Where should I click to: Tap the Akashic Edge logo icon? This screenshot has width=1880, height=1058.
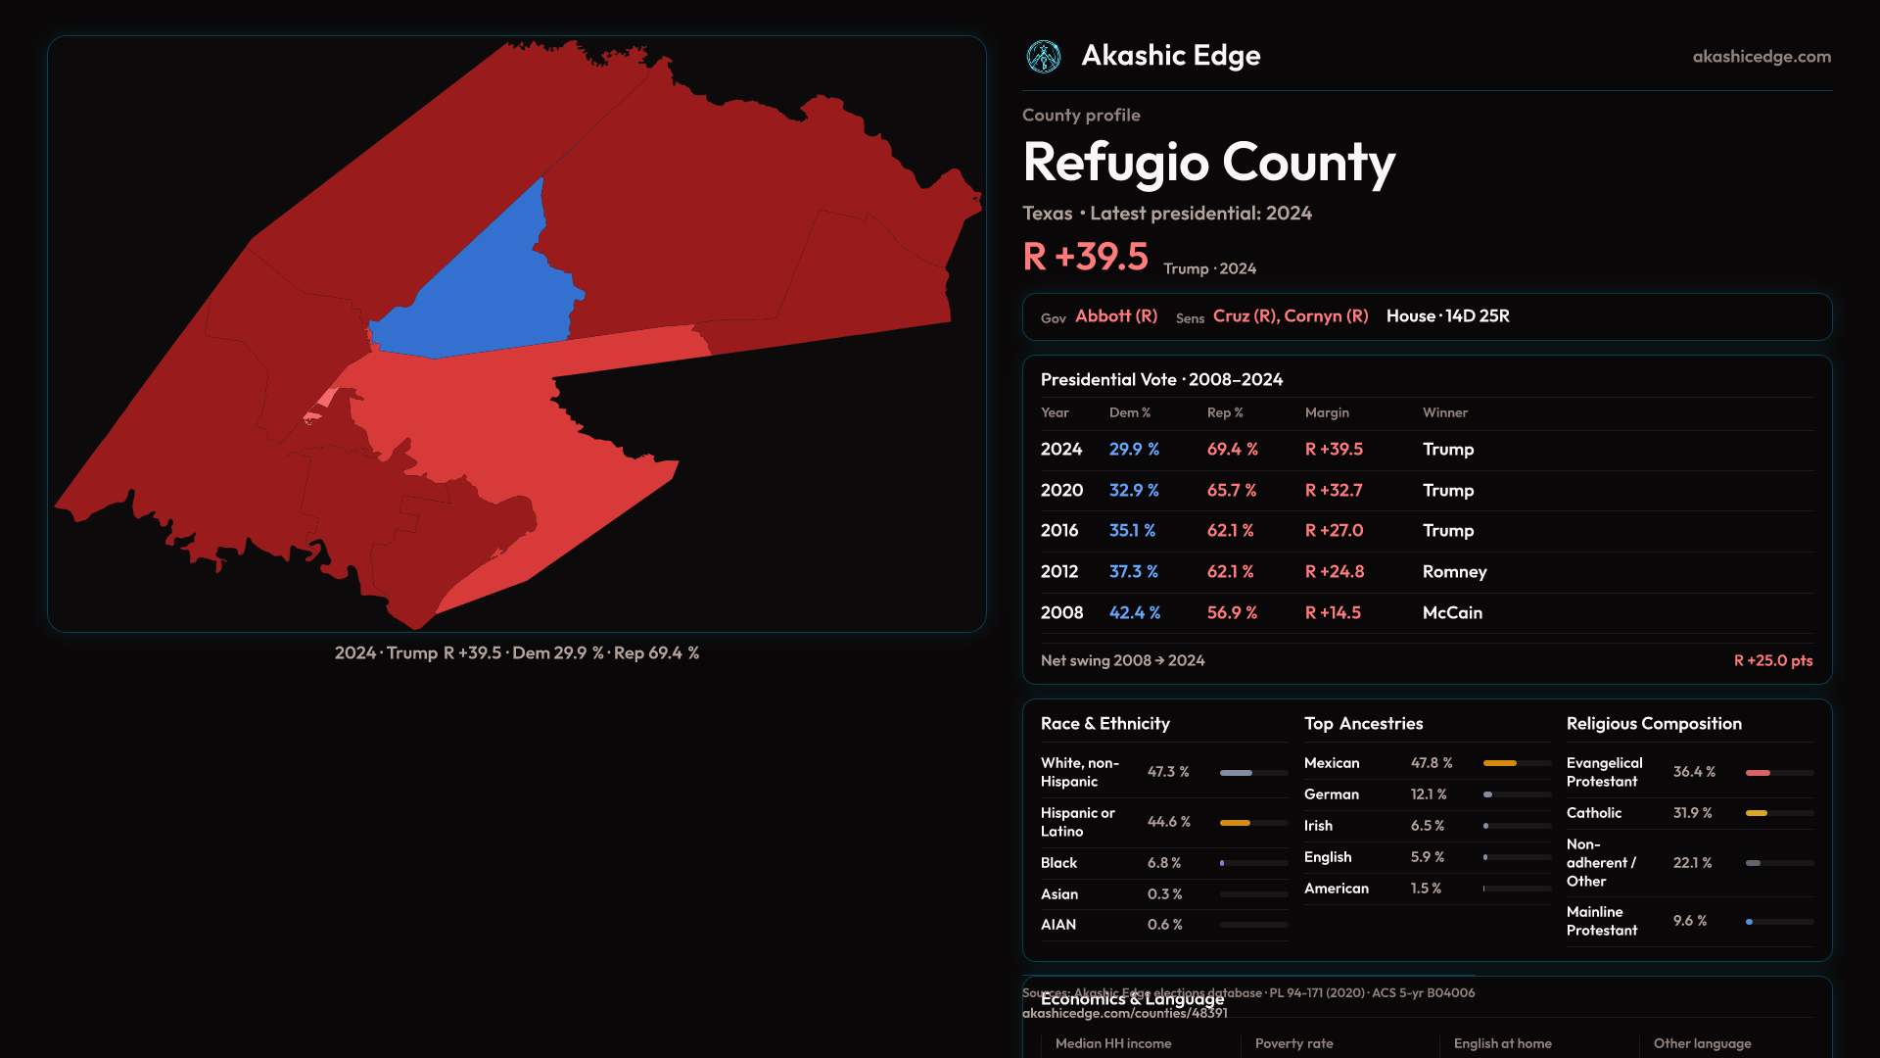[x=1044, y=57]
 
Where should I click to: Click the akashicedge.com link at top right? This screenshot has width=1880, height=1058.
[x=1762, y=57]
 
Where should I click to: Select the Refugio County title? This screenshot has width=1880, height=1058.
[x=1208, y=163]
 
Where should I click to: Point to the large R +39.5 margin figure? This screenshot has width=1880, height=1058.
[x=1085, y=257]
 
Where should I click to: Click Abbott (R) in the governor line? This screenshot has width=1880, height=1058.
[x=1116, y=316]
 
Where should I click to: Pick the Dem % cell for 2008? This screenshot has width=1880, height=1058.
[x=1134, y=613]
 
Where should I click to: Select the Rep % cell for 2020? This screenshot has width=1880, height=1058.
[x=1232, y=491]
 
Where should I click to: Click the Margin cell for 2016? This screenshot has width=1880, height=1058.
[x=1334, y=531]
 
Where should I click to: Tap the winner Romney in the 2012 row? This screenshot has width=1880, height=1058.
[x=1454, y=572]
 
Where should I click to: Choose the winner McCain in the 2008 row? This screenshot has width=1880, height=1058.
[x=1452, y=613]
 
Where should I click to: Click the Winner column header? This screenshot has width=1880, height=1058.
[x=1444, y=413]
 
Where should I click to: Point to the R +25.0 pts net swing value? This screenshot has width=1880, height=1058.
[x=1772, y=661]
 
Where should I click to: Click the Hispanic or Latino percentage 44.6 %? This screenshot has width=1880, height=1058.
[x=1168, y=822]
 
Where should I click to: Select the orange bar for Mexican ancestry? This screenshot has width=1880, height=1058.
[x=1499, y=763]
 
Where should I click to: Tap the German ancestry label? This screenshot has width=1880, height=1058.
[x=1331, y=794]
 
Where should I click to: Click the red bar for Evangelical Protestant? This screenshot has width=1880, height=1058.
[x=1758, y=773]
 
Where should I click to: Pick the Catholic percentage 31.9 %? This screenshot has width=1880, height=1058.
[x=1692, y=813]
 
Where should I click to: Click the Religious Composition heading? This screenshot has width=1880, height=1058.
[x=1654, y=724]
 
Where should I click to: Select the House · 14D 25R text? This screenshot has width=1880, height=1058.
[x=1447, y=316]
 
